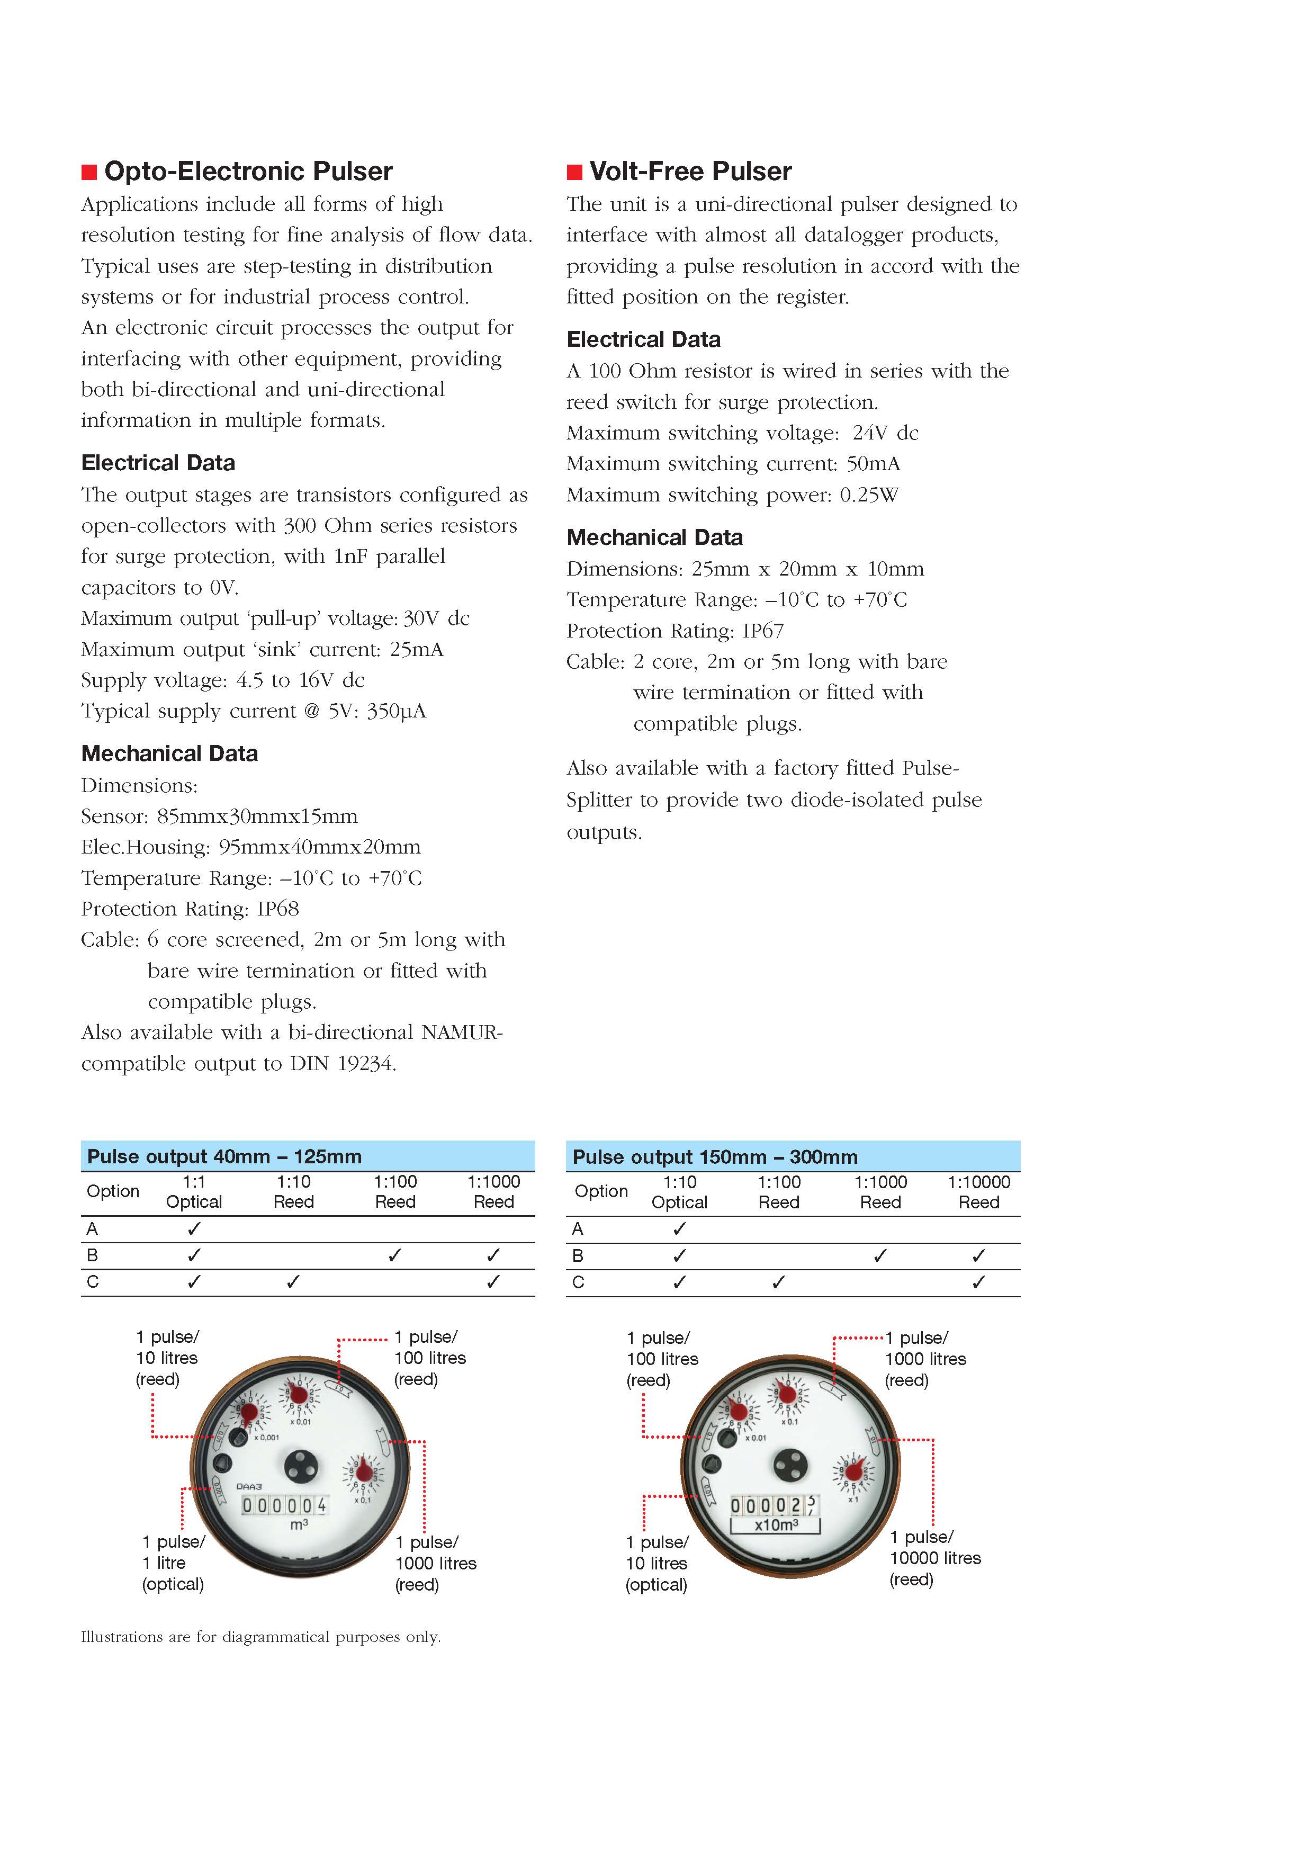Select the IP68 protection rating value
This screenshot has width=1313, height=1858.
(278, 909)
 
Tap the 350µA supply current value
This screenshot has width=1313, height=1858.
(397, 711)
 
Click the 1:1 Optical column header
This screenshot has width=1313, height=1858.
(194, 1192)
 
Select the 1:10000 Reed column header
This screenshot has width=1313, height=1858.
(979, 1192)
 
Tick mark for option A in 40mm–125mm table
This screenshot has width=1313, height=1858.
(194, 1228)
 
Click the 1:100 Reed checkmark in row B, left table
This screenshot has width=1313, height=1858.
(395, 1255)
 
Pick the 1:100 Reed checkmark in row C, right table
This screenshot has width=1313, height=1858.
(778, 1282)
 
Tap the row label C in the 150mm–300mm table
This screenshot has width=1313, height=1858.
(578, 1282)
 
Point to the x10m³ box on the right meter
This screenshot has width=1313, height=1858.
(776, 1524)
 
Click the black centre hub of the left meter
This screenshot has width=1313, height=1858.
(300, 1466)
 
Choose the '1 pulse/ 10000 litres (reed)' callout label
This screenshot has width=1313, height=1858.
(934, 1558)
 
